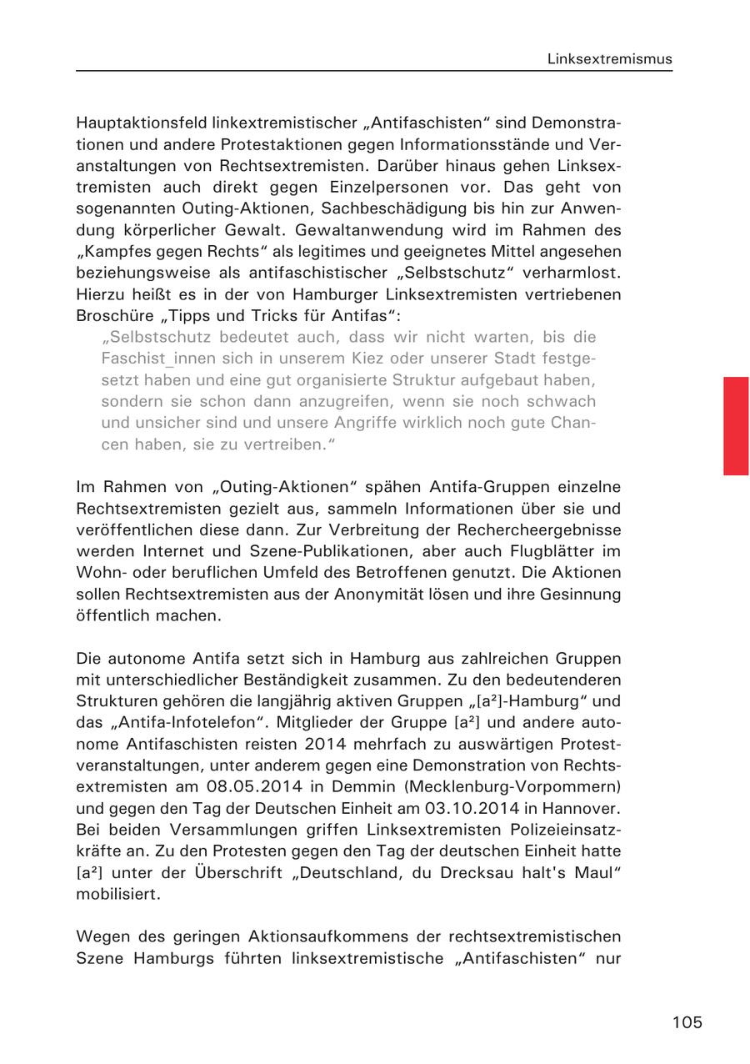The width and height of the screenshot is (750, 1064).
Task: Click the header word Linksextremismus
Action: point(610,59)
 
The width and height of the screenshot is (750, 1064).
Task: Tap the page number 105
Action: point(687,1022)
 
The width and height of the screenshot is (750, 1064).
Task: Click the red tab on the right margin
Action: point(736,425)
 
